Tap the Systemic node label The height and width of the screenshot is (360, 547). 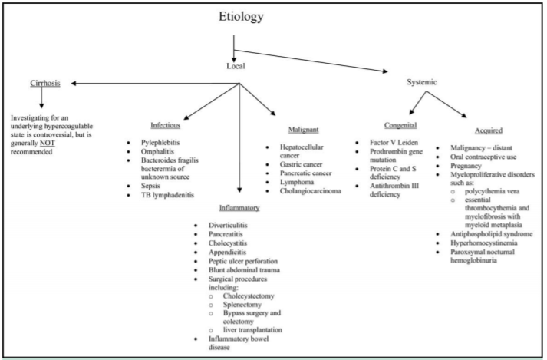[x=427, y=81]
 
